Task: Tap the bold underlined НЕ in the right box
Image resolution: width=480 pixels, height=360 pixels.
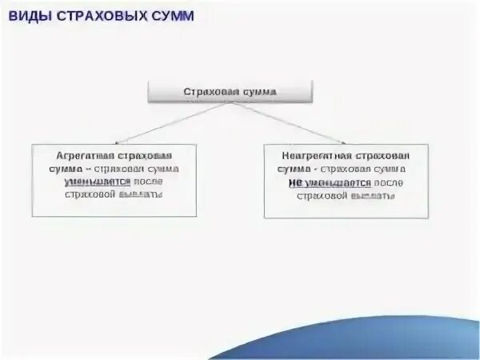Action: point(295,182)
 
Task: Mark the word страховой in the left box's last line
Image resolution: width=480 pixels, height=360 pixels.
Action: point(90,195)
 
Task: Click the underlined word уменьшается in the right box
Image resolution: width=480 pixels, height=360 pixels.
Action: point(335,182)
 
